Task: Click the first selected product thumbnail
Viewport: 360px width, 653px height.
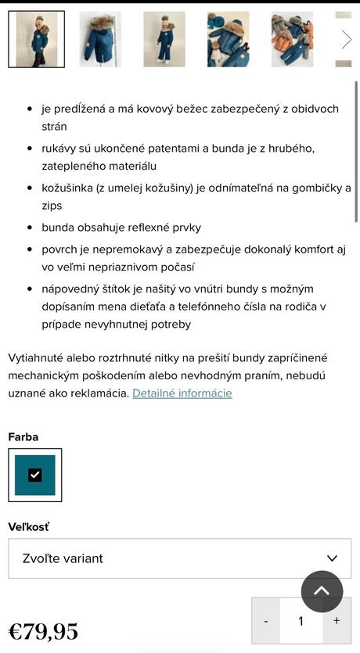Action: pyautogui.click(x=36, y=39)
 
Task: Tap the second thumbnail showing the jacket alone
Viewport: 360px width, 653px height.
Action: pyautogui.click(x=100, y=39)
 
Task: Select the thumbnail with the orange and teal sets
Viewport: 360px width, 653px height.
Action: pyautogui.click(x=292, y=39)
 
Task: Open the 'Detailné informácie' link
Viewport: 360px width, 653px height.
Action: pyautogui.click(x=182, y=393)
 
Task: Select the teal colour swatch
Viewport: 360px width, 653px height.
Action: pyautogui.click(x=35, y=475)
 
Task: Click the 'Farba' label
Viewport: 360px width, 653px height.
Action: pyautogui.click(x=23, y=437)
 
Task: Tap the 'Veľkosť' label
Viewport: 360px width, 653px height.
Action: pyautogui.click(x=29, y=527)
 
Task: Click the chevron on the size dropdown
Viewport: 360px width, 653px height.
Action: pyautogui.click(x=333, y=558)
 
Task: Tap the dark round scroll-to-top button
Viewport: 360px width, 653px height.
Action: pyautogui.click(x=322, y=591)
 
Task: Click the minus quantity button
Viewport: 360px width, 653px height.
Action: pyautogui.click(x=266, y=621)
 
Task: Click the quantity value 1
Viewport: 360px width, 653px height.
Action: pyautogui.click(x=301, y=621)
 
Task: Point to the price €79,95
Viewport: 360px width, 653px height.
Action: pyautogui.click(x=43, y=631)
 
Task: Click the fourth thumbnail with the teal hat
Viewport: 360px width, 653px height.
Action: pyautogui.click(x=228, y=39)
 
